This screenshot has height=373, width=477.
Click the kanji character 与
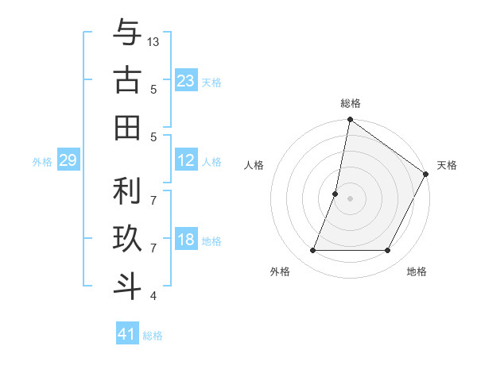127,34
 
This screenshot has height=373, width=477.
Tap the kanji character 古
127,80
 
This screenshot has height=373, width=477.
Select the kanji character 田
127,127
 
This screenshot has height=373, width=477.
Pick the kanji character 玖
127,239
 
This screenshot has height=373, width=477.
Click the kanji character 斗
127,285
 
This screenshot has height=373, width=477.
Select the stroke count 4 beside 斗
153,296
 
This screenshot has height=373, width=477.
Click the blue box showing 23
186,81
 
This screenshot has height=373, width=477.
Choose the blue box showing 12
186,160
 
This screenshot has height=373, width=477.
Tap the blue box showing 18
186,240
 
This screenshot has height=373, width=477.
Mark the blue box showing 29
68,161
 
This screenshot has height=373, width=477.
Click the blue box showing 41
127,334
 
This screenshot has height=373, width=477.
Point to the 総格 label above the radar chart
351,103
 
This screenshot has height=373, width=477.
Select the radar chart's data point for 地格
388,251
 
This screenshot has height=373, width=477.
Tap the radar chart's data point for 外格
312,251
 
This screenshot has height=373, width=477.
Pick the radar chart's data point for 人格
335,194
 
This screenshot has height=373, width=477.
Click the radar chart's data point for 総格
350,121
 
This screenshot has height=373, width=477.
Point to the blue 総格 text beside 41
153,336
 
